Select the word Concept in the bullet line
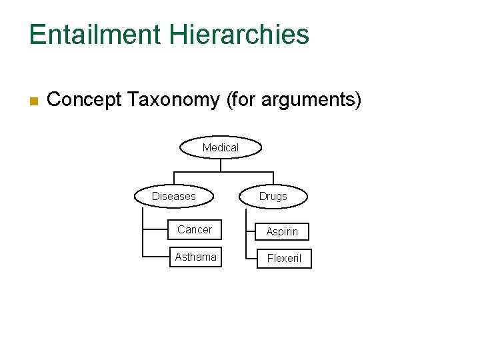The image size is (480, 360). [84, 100]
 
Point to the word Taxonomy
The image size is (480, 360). [173, 100]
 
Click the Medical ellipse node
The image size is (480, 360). [221, 147]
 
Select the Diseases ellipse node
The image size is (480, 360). [174, 196]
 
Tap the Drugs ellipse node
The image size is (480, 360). [273, 196]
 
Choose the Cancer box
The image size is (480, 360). [195, 230]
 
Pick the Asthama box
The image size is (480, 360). [195, 257]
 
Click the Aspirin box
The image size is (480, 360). [283, 231]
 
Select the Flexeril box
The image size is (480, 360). [284, 258]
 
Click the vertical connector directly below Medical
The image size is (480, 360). [221, 165]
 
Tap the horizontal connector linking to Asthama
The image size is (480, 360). [155, 257]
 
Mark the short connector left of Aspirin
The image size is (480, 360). [251, 231]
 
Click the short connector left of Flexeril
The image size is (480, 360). [251, 258]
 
